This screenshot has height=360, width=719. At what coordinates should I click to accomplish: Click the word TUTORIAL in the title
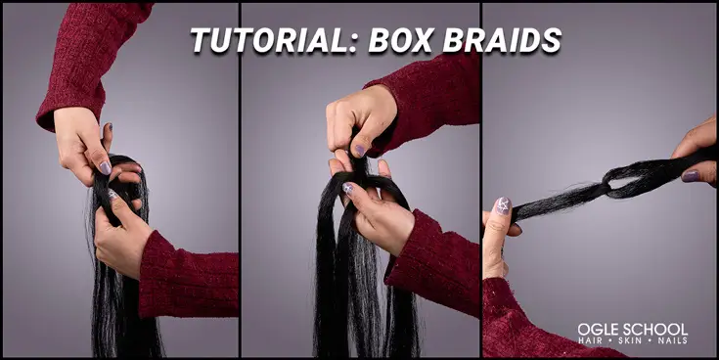point(257,40)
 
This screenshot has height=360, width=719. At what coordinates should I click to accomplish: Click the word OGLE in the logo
point(597,328)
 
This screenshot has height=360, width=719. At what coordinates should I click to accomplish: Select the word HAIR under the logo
point(589,340)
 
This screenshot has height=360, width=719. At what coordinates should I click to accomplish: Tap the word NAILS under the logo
point(672,340)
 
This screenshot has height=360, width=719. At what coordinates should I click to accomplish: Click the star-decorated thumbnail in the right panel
point(503,205)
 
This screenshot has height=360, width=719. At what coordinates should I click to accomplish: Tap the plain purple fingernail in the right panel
point(691,176)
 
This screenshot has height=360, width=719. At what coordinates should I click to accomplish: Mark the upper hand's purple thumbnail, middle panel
point(359,151)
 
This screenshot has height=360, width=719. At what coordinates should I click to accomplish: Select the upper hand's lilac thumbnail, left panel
point(105,167)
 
